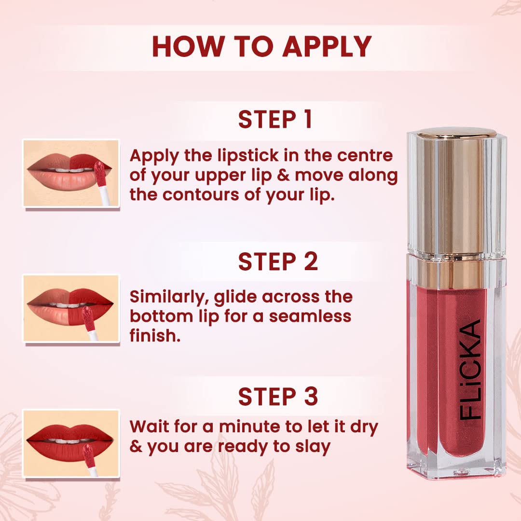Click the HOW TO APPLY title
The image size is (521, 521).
pyautogui.click(x=261, y=46)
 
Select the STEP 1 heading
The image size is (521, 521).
pyautogui.click(x=275, y=120)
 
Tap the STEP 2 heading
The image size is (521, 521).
pyautogui.click(x=278, y=261)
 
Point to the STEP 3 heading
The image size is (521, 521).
pyautogui.click(x=278, y=396)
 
